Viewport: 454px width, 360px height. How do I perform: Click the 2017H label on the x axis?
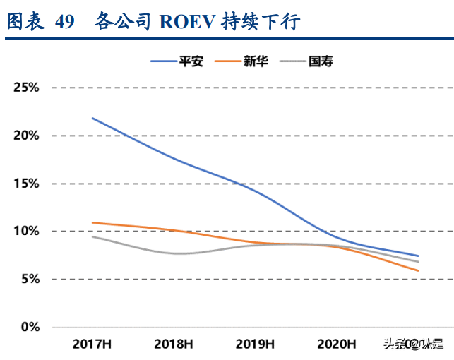click(x=92, y=344)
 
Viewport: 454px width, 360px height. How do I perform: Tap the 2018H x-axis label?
click(x=174, y=344)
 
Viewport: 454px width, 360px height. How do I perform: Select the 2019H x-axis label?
click(x=255, y=344)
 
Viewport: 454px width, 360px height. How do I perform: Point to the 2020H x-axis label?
click(x=336, y=344)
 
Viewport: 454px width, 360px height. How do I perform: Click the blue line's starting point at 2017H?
click(x=92, y=118)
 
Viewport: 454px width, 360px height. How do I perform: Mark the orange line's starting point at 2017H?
click(x=92, y=222)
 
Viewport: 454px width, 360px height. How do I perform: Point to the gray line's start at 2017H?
click(x=92, y=236)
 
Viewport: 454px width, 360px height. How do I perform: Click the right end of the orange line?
click(x=419, y=270)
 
